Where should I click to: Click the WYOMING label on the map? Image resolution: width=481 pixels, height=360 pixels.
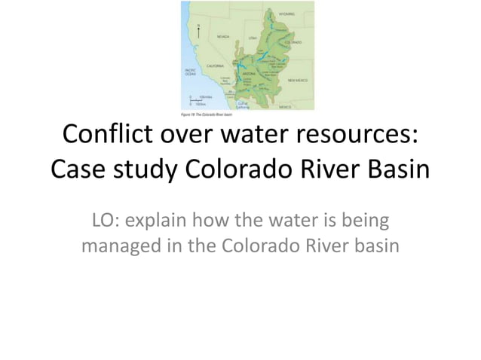tap(286, 14)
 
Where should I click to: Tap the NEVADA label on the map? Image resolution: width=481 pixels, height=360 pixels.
tap(223, 36)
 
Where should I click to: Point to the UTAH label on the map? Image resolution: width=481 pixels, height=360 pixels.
tap(254, 37)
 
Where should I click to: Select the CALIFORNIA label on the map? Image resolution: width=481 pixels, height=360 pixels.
tap(206, 66)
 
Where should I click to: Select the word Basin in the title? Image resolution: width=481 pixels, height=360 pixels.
tap(394, 172)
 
